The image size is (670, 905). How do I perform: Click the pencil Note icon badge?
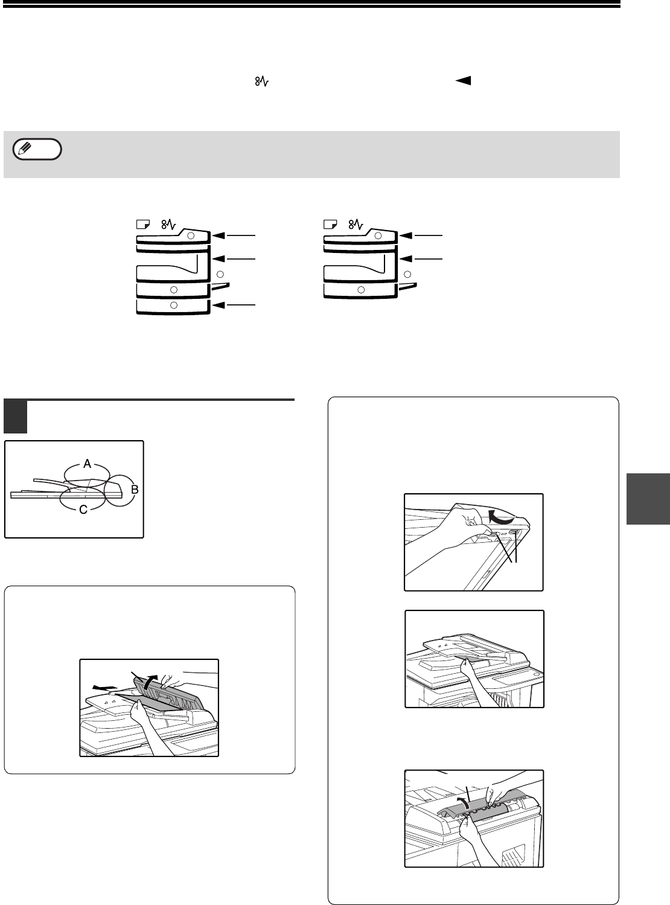click(37, 149)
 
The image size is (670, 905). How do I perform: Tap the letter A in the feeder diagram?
click(88, 464)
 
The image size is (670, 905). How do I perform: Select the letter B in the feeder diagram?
click(135, 489)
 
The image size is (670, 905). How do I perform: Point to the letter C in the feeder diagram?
click(83, 510)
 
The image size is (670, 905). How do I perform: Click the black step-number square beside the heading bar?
click(16, 417)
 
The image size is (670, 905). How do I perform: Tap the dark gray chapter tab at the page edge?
click(648, 499)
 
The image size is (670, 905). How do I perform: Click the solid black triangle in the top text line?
click(463, 81)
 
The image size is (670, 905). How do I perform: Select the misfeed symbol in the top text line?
click(261, 81)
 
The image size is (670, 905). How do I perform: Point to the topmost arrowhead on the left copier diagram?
click(219, 235)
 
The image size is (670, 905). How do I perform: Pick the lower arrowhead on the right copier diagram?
click(406, 258)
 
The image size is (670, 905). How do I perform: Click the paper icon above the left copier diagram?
click(143, 224)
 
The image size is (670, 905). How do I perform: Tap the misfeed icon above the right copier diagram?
click(356, 224)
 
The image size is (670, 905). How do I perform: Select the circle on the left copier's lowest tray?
click(174, 305)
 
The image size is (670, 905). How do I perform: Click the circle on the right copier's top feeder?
click(378, 236)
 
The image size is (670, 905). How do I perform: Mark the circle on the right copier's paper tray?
click(361, 290)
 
